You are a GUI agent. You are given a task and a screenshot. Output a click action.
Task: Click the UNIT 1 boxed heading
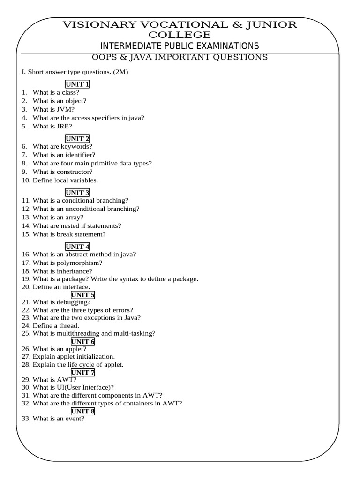coord(77,84)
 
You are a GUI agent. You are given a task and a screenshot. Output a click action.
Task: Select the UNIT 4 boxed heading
coord(77,247)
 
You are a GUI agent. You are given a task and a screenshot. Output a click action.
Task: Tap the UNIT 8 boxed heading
coord(83,411)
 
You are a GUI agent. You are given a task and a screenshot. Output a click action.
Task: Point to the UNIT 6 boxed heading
coord(83,342)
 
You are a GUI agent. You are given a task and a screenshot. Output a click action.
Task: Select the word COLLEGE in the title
coord(180,35)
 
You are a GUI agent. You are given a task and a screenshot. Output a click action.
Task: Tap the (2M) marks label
coord(120,72)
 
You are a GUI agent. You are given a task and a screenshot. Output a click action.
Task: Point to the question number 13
coord(26,217)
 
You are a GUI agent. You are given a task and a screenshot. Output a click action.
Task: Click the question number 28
coord(26,365)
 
